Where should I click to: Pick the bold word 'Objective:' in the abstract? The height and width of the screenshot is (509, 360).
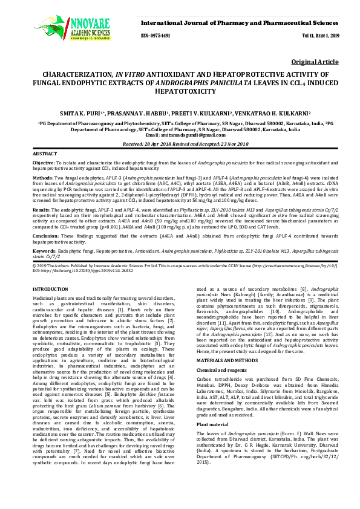[44, 163]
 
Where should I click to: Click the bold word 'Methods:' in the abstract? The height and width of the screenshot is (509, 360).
[42, 179]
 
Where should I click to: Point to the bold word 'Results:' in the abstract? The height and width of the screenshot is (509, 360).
[41, 208]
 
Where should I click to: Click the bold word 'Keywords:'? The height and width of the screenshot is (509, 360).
[45, 250]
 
